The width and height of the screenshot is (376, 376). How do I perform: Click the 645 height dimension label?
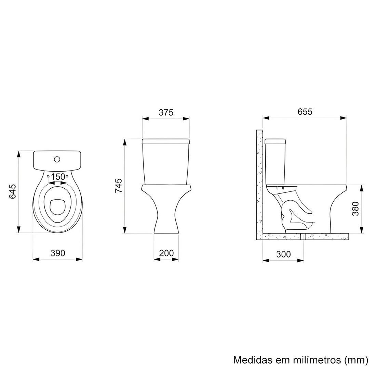pyautogui.click(x=13, y=191)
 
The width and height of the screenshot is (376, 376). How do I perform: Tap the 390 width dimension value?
pyautogui.click(x=57, y=253)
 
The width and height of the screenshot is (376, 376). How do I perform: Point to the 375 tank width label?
pyautogui.click(x=166, y=112)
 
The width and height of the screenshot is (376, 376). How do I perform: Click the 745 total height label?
pyautogui.click(x=119, y=186)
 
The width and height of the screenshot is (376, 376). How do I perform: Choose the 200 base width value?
pyautogui.click(x=166, y=253)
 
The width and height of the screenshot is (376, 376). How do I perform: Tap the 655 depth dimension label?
pyautogui.click(x=305, y=111)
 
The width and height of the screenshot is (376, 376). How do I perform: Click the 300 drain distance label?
pyautogui.click(x=283, y=254)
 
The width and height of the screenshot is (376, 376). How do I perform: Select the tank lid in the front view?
pyautogui.click(x=166, y=141)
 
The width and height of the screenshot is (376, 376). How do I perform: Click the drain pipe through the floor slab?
pyautogui.click(x=302, y=236)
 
